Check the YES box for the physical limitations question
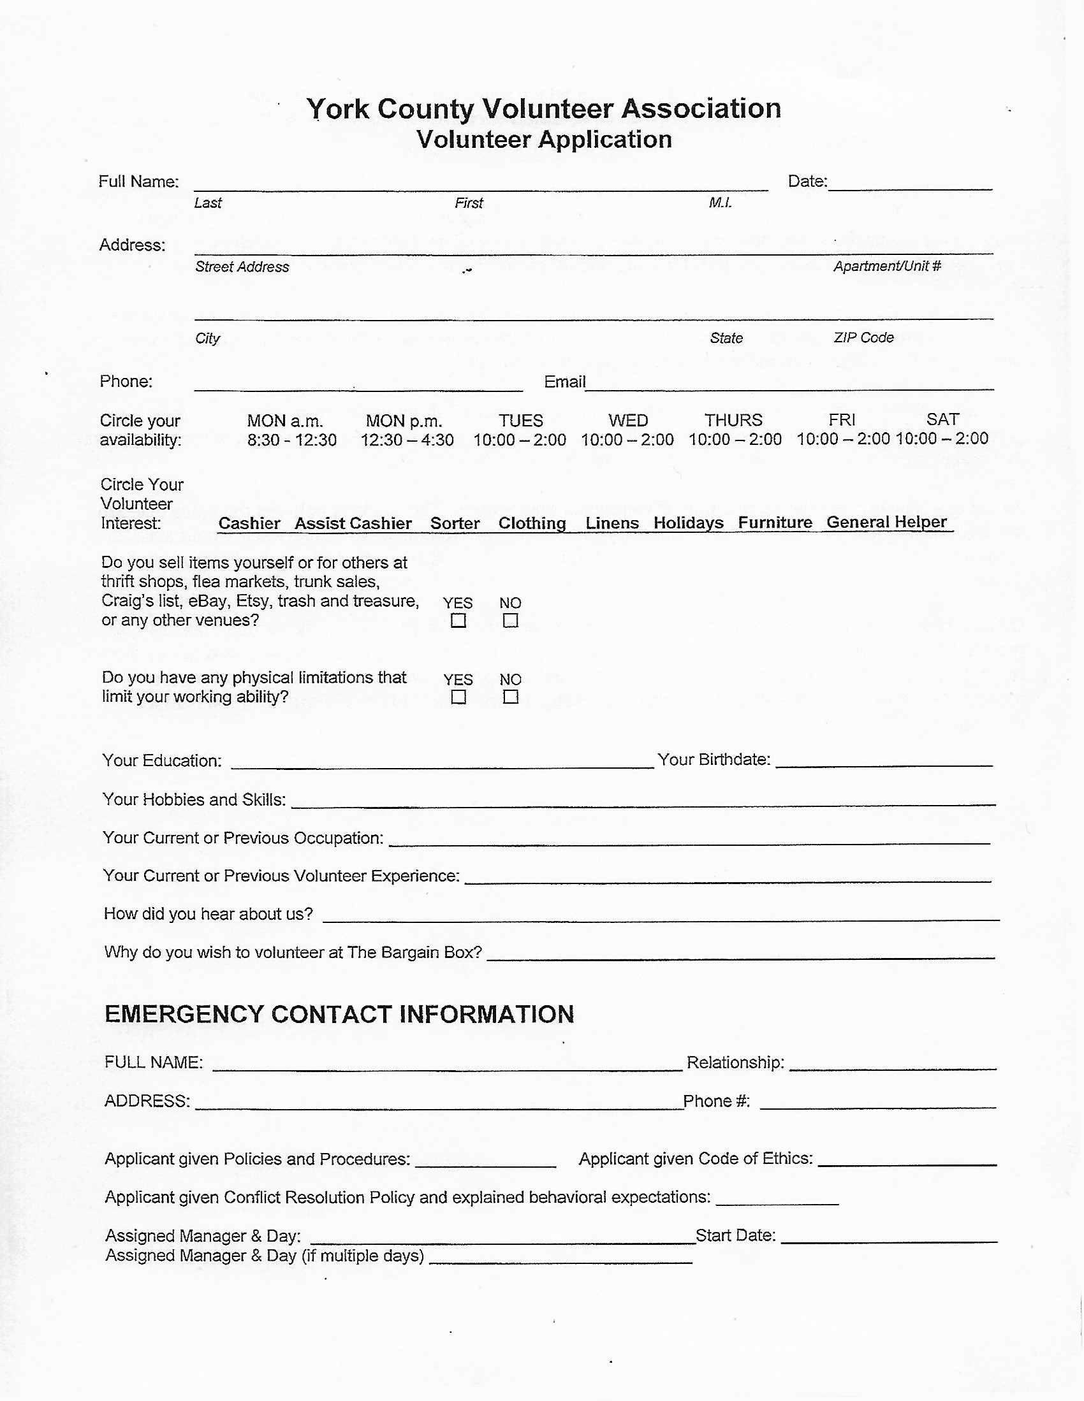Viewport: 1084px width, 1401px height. [x=458, y=697]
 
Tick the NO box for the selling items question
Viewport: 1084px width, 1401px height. [x=510, y=620]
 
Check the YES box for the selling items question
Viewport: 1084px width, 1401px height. [x=458, y=620]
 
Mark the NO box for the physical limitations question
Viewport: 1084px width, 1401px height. [x=510, y=697]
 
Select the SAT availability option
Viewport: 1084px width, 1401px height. [x=942, y=429]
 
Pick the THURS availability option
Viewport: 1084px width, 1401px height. [x=734, y=430]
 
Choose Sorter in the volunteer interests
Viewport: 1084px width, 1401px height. [x=455, y=523]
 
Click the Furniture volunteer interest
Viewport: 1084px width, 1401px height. [x=775, y=523]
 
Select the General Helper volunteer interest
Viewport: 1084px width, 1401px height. [x=886, y=522]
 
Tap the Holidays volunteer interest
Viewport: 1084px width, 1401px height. [x=688, y=523]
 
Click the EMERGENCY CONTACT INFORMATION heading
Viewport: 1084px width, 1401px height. [x=339, y=1014]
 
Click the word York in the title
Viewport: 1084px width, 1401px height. [x=337, y=109]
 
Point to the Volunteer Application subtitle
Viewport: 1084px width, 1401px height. [x=544, y=140]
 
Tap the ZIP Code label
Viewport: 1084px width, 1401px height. [x=863, y=337]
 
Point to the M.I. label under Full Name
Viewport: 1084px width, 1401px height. [x=720, y=203]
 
